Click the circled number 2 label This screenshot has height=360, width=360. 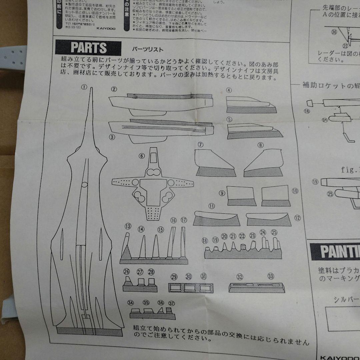(x=114, y=89)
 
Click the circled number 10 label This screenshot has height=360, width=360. (x=295, y=191)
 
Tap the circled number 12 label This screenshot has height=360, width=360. (x=297, y=218)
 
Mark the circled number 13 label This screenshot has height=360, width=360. (x=128, y=226)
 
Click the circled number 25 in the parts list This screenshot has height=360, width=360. (x=274, y=232)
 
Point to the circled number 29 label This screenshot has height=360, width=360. (x=174, y=277)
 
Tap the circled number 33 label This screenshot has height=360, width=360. (x=270, y=276)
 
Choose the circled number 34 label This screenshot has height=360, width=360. (x=130, y=303)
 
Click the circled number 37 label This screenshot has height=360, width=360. (x=171, y=303)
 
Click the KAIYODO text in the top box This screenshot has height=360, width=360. (x=107, y=29)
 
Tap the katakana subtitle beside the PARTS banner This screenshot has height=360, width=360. (x=148, y=50)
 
